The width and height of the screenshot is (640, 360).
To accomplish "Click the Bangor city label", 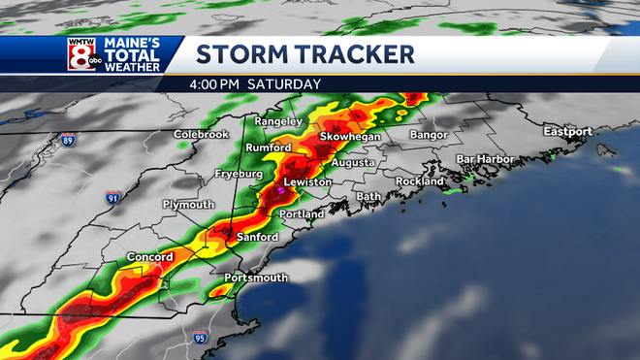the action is pos(432,134).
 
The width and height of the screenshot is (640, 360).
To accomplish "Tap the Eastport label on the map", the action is pos(567,131).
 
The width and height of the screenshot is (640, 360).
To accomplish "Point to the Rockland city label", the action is pos(420,180).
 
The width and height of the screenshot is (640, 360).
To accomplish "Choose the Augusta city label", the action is pos(352,163).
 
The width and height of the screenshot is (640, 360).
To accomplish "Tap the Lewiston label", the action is pos(308,182).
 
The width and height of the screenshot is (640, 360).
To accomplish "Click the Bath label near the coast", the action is pos(368,196).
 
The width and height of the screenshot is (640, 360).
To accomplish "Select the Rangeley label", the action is pos(278,121).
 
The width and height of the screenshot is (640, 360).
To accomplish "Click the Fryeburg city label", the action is pos(239,174).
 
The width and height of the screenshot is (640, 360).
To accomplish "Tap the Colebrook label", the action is pos(201,134).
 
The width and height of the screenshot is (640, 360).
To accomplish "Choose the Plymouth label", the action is pos(188,205).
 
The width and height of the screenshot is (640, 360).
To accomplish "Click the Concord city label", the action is pos(149,257).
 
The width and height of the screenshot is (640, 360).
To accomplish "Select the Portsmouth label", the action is pos(256,278).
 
